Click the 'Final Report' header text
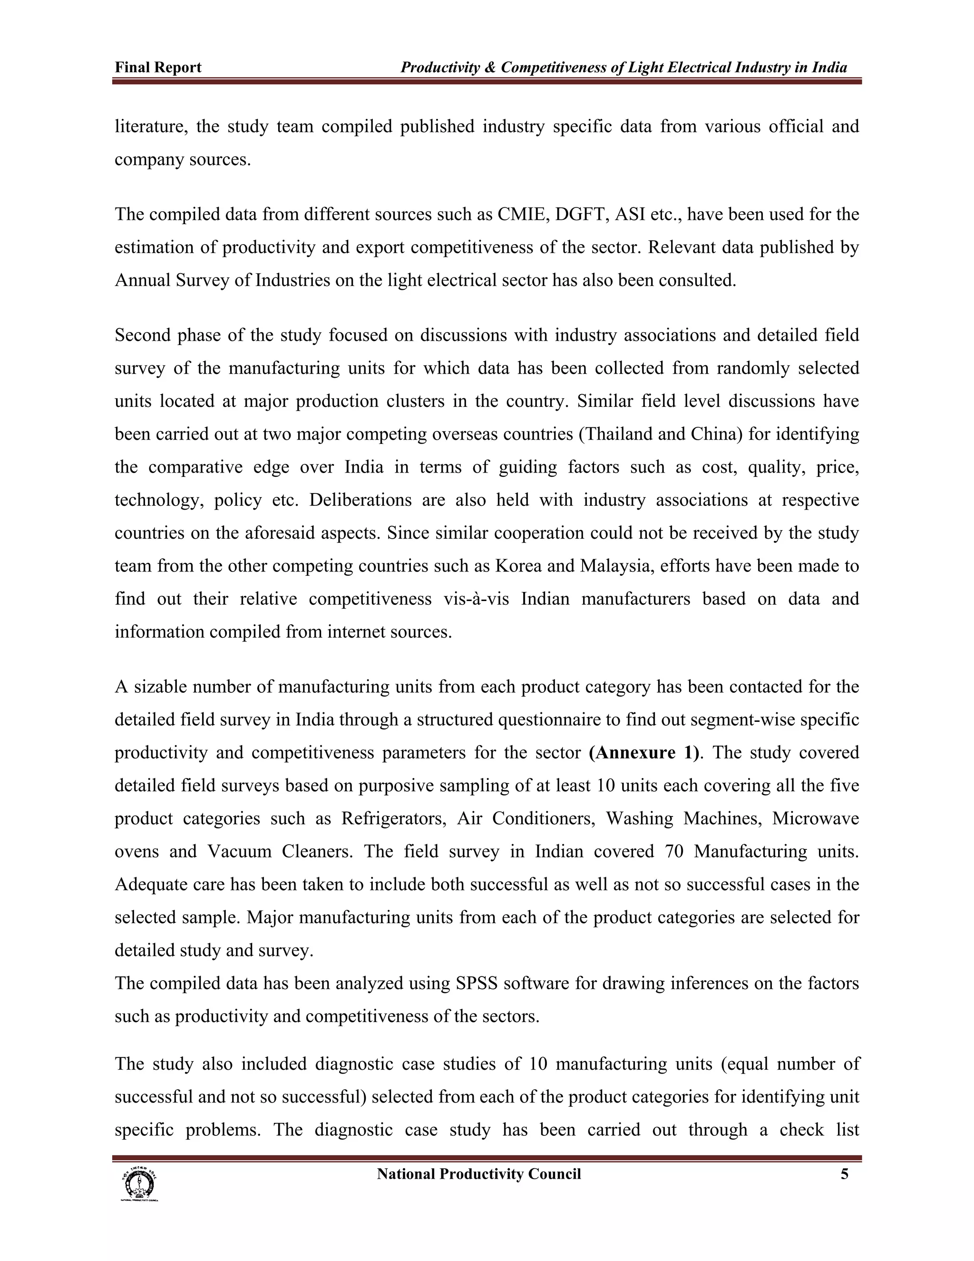(x=157, y=68)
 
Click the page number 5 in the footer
(x=844, y=1174)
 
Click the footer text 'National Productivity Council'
(x=478, y=1174)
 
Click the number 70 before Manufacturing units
(x=673, y=852)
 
